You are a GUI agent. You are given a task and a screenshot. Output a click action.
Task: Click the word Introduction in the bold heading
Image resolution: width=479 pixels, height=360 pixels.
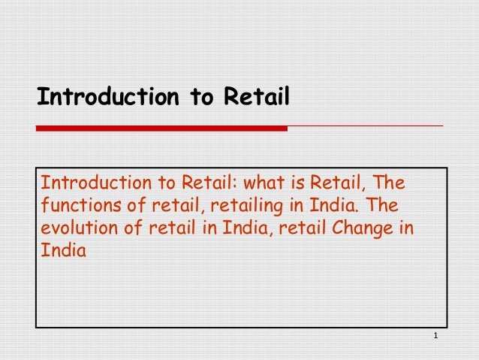[93, 98]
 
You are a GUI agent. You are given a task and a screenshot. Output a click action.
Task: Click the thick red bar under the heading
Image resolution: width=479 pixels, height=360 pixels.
[161, 129]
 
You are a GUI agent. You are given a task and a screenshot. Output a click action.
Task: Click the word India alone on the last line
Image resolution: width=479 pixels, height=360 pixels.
[63, 251]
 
